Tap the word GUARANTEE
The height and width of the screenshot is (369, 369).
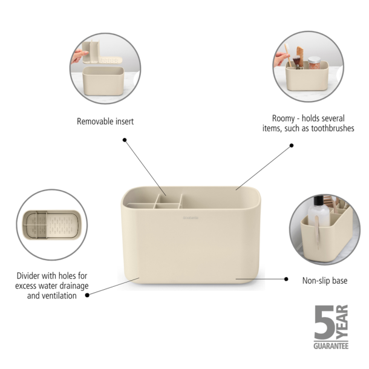pyautogui.click(x=331, y=345)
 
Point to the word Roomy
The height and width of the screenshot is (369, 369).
pyautogui.click(x=284, y=119)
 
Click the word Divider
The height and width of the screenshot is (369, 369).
pyautogui.click(x=32, y=276)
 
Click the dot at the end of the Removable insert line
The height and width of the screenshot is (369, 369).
pyautogui.click(x=125, y=140)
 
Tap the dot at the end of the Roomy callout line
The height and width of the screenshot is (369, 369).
pyautogui.click(x=291, y=145)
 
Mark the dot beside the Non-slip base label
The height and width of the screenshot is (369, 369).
pyautogui.click(x=287, y=279)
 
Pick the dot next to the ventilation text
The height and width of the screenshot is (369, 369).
pyautogui.click(x=88, y=295)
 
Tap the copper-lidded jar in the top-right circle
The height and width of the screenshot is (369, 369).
pyautogui.click(x=314, y=62)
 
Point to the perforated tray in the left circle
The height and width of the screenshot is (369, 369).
pyautogui.click(x=61, y=224)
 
